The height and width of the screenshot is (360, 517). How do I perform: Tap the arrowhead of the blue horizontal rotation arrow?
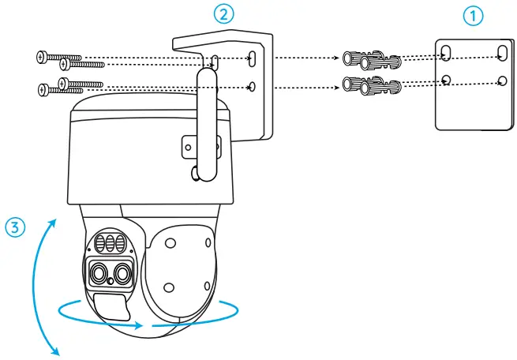(140, 324)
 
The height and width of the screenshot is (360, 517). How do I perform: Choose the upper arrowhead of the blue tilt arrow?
(54, 223)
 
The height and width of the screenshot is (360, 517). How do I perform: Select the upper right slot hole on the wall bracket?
(251, 58)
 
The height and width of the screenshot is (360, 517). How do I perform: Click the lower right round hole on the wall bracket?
(251, 85)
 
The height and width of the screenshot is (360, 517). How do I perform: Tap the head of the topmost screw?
(41, 56)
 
